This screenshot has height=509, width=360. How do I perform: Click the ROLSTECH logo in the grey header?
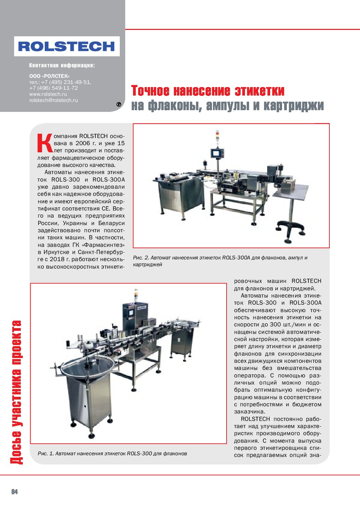tap(67, 46)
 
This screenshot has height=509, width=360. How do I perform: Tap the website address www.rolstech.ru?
tap(48, 94)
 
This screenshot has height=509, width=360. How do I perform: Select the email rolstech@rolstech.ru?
tap(53, 100)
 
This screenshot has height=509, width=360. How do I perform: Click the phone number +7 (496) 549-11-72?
tap(53, 88)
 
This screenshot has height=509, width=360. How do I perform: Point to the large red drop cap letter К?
tap(45, 143)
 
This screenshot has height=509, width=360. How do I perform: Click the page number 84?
tap(14, 492)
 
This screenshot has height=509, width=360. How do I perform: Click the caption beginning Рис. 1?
tap(112, 454)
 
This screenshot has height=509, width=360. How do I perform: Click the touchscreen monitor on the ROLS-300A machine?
tap(216, 153)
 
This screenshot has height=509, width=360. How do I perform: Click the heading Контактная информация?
tap(62, 65)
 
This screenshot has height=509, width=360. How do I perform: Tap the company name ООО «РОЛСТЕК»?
tap(49, 76)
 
